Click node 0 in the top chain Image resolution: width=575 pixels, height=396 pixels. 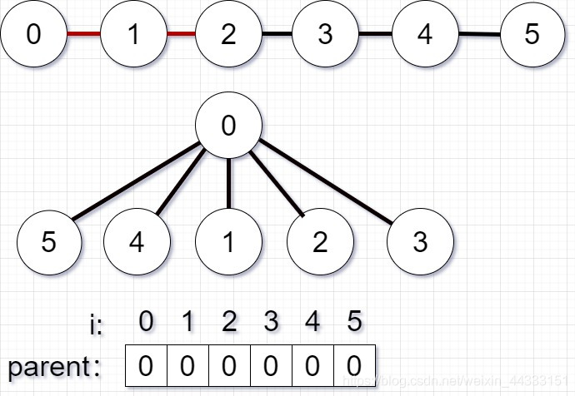33,34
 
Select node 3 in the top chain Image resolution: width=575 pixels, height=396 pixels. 326,34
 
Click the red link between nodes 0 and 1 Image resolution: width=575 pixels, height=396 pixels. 83,34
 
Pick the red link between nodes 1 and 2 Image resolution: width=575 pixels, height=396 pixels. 181,34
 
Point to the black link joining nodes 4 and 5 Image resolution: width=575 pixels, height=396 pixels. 479,34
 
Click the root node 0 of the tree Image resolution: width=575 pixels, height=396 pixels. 228,126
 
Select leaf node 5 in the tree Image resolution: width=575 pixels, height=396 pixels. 49,242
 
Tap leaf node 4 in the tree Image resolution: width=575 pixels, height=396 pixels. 137,242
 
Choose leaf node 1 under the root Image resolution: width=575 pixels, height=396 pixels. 228,242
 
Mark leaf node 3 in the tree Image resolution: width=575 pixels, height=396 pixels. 420,242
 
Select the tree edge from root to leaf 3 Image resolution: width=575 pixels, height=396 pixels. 325,183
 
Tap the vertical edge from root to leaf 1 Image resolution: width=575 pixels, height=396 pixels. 228,183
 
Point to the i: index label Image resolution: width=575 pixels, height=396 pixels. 96,324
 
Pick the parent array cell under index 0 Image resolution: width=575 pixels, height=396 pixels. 146,366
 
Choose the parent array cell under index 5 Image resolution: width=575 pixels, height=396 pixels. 354,366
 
